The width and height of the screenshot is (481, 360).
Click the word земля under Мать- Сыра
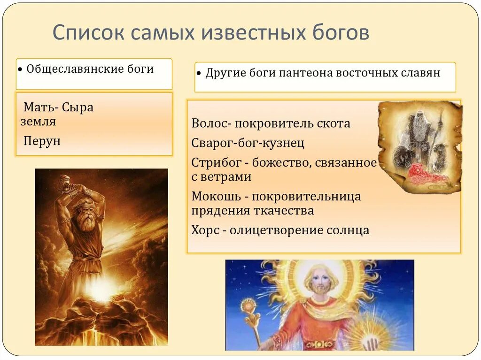point(38,122)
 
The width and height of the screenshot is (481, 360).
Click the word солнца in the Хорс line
point(349,230)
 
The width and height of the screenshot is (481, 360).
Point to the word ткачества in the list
point(286,211)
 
